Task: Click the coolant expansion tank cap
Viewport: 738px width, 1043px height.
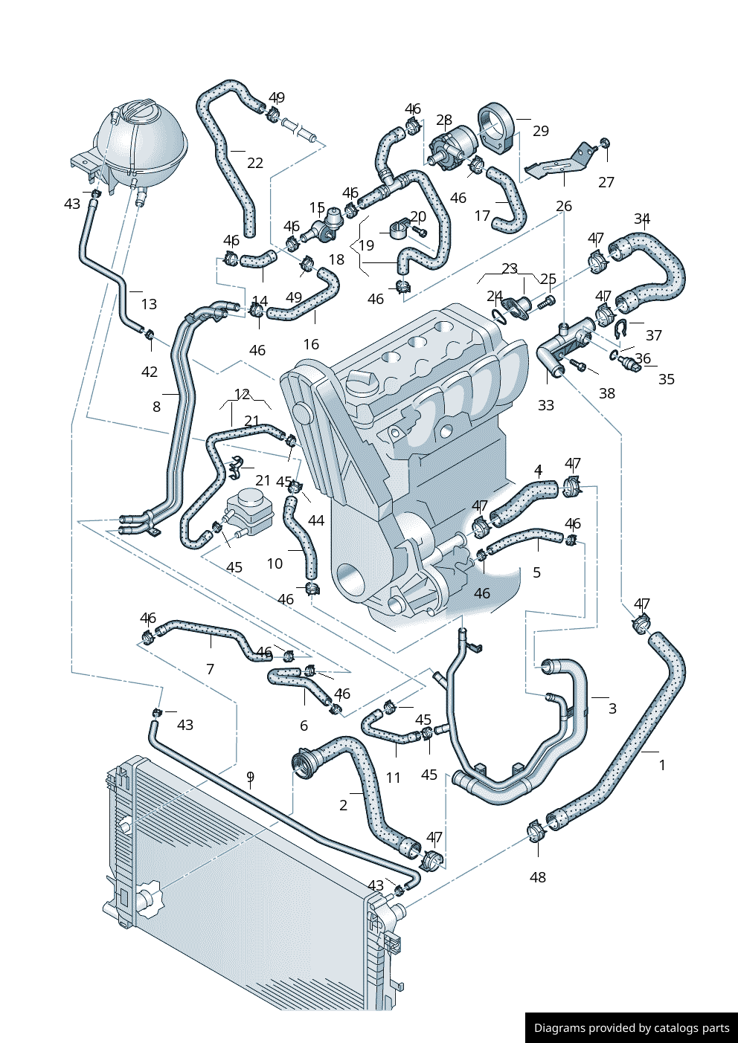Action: [138, 113]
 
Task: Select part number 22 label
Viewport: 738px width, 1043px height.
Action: [255, 163]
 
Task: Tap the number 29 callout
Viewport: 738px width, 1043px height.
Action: [541, 131]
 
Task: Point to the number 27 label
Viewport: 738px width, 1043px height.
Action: [606, 182]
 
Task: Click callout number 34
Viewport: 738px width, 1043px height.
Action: [642, 219]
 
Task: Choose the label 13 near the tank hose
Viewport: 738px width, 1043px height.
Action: [149, 304]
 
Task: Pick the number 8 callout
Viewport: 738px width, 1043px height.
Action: [156, 407]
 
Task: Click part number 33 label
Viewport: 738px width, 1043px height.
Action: [546, 405]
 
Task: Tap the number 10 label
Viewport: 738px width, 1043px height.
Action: [275, 564]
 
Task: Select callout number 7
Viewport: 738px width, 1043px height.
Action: [210, 669]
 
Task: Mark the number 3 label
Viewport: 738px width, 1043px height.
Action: [612, 708]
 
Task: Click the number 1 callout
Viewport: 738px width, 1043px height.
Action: [662, 765]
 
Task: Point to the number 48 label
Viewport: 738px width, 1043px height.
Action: [538, 877]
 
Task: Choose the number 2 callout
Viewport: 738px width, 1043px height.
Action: [343, 805]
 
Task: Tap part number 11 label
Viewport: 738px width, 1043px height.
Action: [394, 778]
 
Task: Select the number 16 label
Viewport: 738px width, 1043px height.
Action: [311, 344]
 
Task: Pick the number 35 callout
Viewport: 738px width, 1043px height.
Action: [667, 379]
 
